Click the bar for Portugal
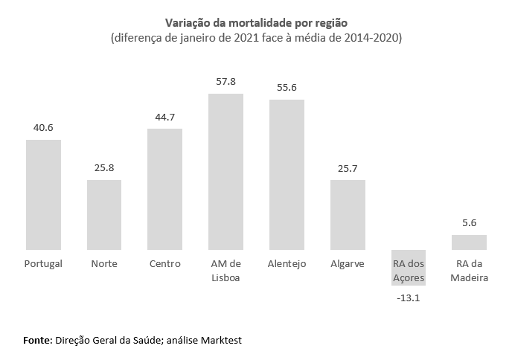[43, 194]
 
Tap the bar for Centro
[165, 189]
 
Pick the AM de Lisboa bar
[225, 171]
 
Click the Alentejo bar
[287, 174]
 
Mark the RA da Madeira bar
[469, 242]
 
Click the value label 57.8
[225, 80]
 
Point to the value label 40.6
[43, 126]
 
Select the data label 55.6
[287, 86]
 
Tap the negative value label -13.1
[409, 298]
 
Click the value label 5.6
[469, 222]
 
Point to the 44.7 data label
[165, 116]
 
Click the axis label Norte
[104, 264]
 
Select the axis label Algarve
[348, 264]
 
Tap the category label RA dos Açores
[409, 271]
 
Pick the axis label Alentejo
[287, 264]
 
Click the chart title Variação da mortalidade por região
[256, 22]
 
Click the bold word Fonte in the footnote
[37, 340]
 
